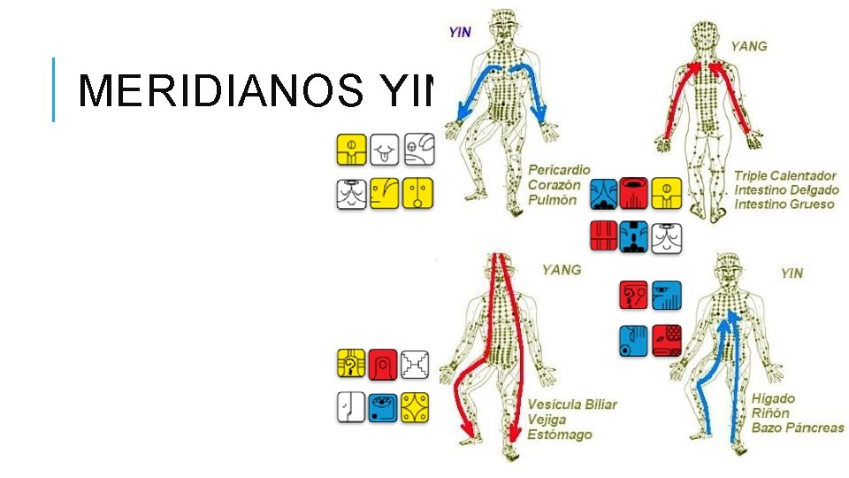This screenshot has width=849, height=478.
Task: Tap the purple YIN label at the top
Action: pyautogui.click(x=460, y=33)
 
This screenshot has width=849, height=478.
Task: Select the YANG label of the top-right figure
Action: pyautogui.click(x=748, y=46)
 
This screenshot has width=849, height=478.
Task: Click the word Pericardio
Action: pyautogui.click(x=559, y=169)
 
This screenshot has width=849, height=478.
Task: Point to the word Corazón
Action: pyautogui.click(x=555, y=185)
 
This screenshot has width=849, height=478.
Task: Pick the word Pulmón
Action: pyautogui.click(x=552, y=200)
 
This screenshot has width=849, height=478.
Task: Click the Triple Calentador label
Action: pyautogui.click(x=784, y=175)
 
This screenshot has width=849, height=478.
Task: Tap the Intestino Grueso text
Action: pyautogui.click(x=784, y=204)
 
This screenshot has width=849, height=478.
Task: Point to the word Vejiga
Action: pyautogui.click(x=548, y=420)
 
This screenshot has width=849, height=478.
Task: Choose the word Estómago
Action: pyautogui.click(x=559, y=435)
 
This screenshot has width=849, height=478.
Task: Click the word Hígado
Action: pyautogui.click(x=773, y=398)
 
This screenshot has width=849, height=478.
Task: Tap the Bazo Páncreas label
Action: pyautogui.click(x=797, y=428)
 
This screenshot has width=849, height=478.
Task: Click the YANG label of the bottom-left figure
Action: pyautogui.click(x=562, y=268)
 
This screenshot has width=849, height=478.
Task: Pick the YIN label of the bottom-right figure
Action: pyautogui.click(x=792, y=273)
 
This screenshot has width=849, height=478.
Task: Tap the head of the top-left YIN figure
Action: pyautogui.click(x=505, y=20)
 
